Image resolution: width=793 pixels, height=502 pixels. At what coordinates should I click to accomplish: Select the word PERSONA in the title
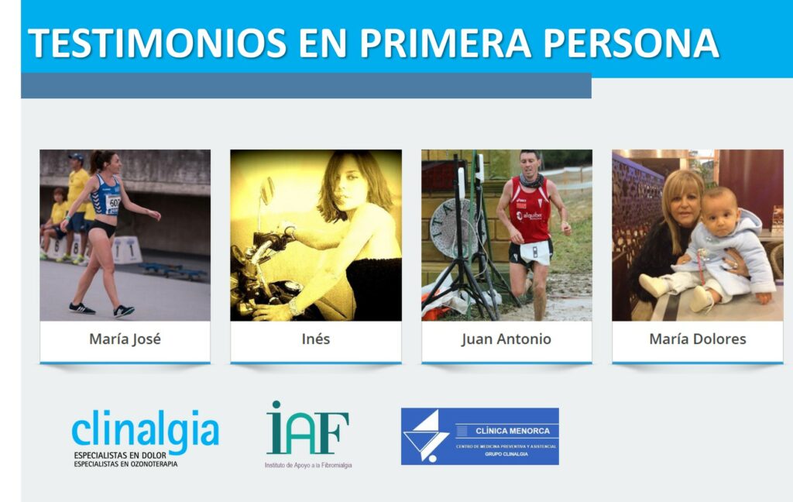(630, 43)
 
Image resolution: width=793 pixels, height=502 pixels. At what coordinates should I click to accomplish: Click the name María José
(125, 339)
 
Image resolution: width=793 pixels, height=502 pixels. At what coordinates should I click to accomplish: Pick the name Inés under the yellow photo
(315, 339)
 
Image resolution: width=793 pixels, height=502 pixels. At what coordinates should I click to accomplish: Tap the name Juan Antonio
(506, 339)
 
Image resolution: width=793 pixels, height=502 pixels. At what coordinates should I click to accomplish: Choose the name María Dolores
(697, 339)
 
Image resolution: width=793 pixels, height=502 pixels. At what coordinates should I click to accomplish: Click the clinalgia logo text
(145, 428)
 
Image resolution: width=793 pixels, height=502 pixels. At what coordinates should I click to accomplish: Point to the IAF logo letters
(308, 428)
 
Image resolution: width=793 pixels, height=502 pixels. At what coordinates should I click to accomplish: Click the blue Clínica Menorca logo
(479, 436)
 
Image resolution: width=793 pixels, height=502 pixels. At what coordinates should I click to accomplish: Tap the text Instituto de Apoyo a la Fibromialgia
(308, 465)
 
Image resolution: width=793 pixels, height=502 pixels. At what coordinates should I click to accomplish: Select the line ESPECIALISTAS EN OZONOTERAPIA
(125, 463)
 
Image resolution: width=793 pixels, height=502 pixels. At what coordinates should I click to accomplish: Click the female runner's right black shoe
(123, 311)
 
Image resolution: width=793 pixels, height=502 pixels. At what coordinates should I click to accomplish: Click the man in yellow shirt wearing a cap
(77, 186)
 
